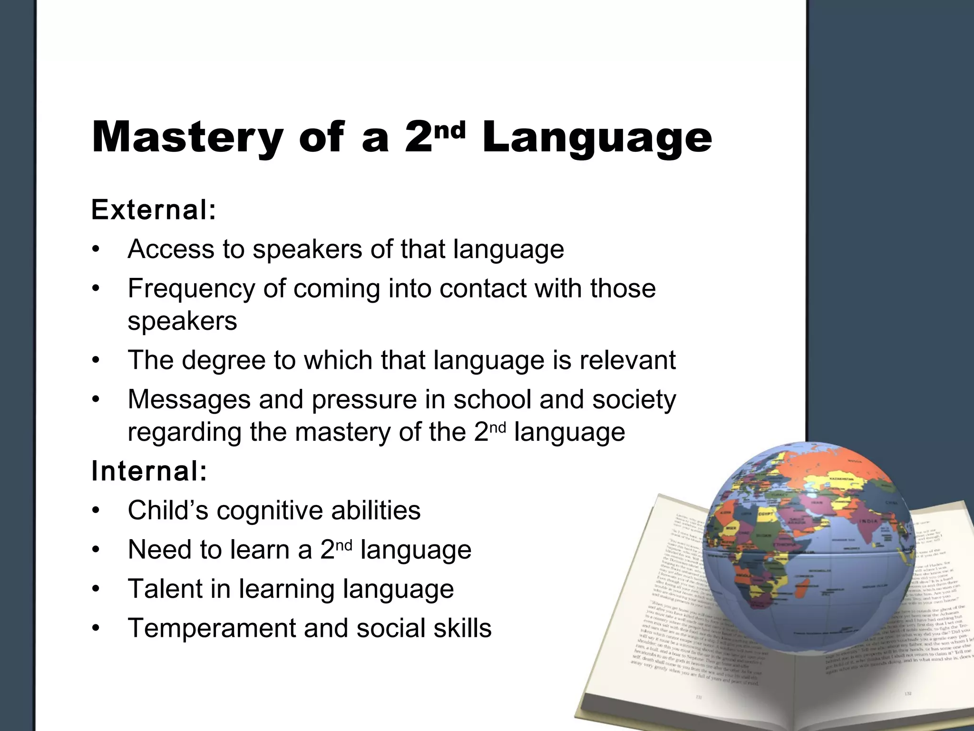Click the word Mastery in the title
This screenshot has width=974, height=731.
tap(187, 138)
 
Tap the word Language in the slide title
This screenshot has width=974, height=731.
tap(596, 138)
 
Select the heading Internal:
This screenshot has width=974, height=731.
tap(149, 471)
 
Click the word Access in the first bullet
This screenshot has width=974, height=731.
tap(171, 249)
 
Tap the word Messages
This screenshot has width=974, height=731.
tap(189, 399)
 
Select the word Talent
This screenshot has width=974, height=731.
tap(165, 589)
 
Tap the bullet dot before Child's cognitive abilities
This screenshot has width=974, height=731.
tap(96, 511)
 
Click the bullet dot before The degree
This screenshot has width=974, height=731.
tap(96, 361)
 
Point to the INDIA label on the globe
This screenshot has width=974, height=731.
tap(867, 521)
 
